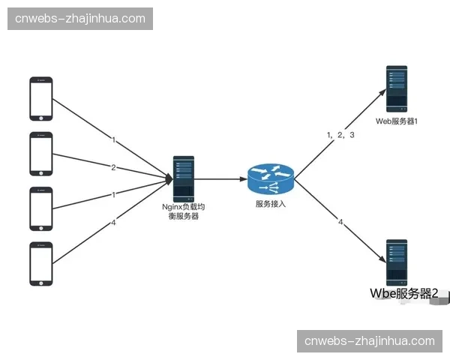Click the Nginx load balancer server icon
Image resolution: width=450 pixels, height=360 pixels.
pyautogui.click(x=184, y=178)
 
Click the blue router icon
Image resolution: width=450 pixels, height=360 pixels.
pyautogui.click(x=269, y=178)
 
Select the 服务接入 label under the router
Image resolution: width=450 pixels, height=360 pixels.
pyautogui.click(x=270, y=203)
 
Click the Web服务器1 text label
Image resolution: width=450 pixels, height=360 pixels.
pyautogui.click(x=397, y=120)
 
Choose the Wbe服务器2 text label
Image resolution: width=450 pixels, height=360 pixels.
pyautogui.click(x=404, y=294)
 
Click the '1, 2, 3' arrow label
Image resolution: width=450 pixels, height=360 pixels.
pyautogui.click(x=340, y=135)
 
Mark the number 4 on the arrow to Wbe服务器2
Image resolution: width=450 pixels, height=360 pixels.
pyautogui.click(x=340, y=222)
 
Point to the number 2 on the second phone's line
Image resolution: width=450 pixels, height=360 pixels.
pyautogui.click(x=113, y=166)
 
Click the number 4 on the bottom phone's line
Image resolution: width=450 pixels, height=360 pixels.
pyautogui.click(x=113, y=222)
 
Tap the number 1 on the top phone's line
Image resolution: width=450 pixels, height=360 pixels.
pyautogui.click(x=113, y=139)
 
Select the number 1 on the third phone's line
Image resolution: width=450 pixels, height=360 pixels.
pyautogui.click(x=113, y=194)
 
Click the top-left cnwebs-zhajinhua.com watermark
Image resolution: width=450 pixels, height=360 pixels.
pyautogui.click(x=80, y=18)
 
